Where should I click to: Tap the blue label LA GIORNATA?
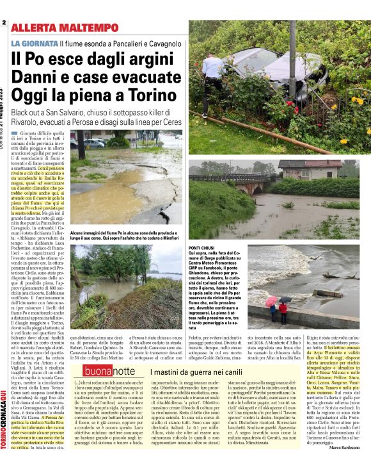click(x=33, y=43)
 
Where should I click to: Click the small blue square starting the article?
click(x=14, y=133)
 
